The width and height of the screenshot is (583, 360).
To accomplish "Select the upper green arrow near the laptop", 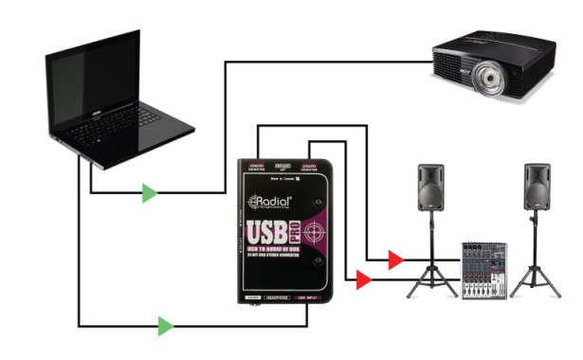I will [149, 194].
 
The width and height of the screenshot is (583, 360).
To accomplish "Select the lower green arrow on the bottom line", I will [166, 327].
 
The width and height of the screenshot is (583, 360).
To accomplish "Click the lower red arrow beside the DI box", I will [361, 279].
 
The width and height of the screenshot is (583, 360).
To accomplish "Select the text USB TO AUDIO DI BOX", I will [281, 252].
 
